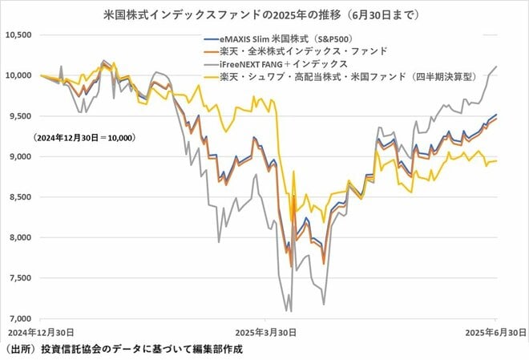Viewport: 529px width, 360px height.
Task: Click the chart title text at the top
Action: point(264,15)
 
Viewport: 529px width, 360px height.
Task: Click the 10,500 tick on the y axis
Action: point(18,35)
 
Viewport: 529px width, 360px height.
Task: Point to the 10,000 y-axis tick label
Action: point(18,75)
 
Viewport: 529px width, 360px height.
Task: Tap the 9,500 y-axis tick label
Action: point(18,116)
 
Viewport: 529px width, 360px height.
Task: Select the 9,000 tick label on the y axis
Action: point(18,156)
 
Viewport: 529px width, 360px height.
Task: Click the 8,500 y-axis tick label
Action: point(18,196)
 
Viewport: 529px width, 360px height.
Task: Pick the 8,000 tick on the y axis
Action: point(18,237)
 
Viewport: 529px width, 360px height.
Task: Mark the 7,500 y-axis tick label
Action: point(18,277)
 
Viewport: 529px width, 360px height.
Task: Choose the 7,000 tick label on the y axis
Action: point(18,318)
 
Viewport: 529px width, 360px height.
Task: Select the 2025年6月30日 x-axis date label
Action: point(496,331)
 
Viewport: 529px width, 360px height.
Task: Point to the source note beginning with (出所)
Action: point(120,350)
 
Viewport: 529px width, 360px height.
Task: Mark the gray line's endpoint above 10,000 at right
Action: point(496,67)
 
